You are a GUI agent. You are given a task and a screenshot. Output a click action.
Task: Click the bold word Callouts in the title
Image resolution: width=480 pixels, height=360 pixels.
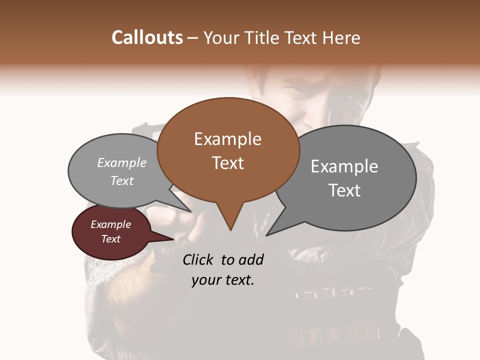click(x=147, y=37)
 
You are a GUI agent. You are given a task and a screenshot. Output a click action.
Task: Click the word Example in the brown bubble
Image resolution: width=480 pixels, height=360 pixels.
click(x=227, y=139)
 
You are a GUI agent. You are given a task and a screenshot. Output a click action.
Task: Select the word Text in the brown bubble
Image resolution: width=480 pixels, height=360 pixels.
click(x=227, y=163)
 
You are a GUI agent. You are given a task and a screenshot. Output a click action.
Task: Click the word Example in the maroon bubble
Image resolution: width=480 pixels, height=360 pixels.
click(x=110, y=224)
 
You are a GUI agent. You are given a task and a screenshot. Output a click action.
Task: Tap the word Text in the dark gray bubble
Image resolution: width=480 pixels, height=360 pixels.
click(x=344, y=190)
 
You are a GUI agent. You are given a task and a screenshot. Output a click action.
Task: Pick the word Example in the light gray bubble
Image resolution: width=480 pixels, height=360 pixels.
click(x=122, y=162)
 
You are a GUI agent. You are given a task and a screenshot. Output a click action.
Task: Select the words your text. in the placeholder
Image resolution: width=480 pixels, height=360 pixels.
click(x=223, y=280)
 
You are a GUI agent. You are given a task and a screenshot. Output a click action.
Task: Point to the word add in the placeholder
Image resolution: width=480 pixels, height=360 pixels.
click(x=251, y=259)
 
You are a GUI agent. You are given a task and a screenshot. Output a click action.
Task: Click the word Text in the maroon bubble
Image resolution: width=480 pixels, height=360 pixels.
click(x=110, y=239)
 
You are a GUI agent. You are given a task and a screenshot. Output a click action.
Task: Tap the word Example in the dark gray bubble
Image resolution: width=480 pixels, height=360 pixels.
click(x=344, y=166)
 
